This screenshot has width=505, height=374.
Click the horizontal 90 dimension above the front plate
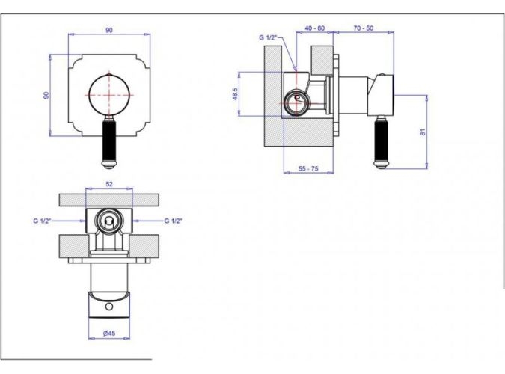click(109, 30)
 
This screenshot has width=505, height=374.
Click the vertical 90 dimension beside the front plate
click(46, 95)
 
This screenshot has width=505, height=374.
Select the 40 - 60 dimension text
click(315, 28)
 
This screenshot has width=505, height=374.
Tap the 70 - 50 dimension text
click(364, 28)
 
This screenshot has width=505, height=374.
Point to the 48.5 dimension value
click(235, 94)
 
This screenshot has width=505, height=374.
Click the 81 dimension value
click(423, 132)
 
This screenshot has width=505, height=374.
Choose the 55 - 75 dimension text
click(308, 168)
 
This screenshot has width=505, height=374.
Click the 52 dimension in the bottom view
click(109, 184)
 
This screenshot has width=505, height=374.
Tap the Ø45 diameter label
click(109, 334)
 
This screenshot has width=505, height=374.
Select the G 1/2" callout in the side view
click(268, 37)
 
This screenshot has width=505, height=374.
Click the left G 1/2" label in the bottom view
click(42, 221)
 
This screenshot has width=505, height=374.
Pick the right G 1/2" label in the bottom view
click(174, 221)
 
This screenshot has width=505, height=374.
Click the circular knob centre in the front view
click(109, 95)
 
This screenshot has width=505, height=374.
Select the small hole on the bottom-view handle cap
click(109, 307)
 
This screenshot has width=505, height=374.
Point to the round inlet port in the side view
click(296, 103)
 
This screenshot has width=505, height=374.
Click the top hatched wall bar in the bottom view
click(109, 200)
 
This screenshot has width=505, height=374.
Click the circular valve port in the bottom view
click(109, 221)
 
